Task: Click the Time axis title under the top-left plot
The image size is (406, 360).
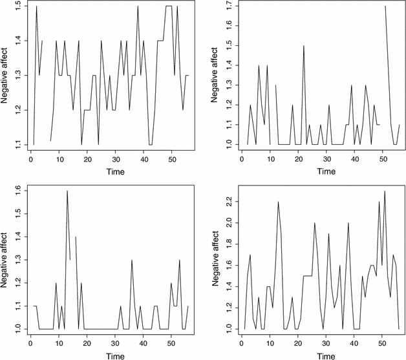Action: tap(116, 171)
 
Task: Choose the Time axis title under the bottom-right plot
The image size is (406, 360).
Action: tap(326, 356)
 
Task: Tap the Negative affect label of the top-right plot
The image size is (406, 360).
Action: tap(215, 75)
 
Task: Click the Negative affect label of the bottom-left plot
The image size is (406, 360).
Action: tap(4, 260)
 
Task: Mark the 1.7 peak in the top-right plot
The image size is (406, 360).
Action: tap(385, 6)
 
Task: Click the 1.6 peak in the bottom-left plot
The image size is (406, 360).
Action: tap(67, 191)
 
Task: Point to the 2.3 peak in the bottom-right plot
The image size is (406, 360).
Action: tap(385, 191)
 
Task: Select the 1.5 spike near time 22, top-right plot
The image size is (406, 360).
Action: tap(304, 46)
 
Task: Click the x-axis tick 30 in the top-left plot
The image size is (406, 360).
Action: tap(116, 159)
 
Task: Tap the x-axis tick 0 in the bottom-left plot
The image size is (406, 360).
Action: tap(30, 343)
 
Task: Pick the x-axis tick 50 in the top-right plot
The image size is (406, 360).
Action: tap(383, 159)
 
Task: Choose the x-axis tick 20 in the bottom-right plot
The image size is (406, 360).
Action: tap(298, 343)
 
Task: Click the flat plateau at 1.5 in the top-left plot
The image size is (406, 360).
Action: tap(169, 6)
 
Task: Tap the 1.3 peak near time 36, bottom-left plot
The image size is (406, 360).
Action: tap(132, 260)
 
